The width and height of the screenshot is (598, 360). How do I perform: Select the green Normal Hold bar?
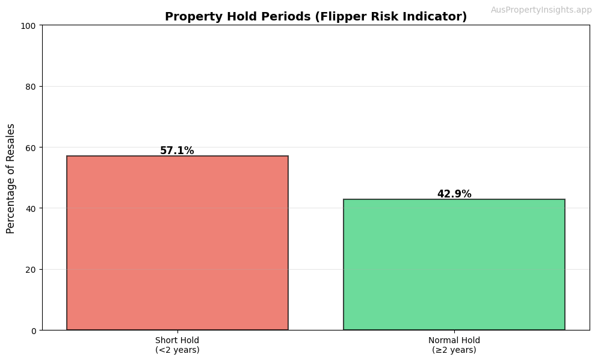454,264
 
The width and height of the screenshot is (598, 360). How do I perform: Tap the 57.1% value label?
177,151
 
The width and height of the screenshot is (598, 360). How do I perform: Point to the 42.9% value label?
454,194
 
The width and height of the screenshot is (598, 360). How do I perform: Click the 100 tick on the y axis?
29,25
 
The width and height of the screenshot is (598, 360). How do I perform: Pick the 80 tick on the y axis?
31,86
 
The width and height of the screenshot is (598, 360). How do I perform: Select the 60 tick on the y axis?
31,147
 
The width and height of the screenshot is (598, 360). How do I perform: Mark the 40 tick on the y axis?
31,208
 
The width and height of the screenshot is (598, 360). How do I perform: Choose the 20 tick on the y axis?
31,269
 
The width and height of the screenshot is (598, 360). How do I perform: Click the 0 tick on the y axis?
34,331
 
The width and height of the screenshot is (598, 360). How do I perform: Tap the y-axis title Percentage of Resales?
11,178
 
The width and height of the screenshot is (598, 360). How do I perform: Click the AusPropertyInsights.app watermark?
541,10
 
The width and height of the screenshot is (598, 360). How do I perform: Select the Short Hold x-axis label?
177,340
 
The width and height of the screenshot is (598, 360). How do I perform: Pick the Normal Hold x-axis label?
454,340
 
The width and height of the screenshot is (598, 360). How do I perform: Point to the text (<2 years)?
177,350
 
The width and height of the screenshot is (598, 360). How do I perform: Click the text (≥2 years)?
454,350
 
